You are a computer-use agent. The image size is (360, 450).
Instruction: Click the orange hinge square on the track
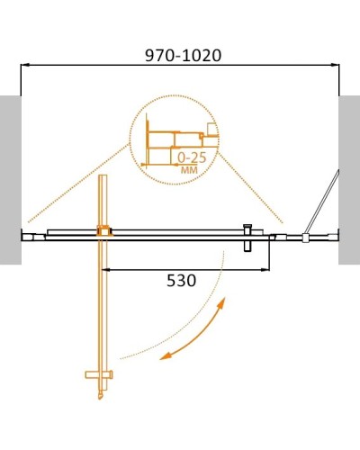pos(104,230)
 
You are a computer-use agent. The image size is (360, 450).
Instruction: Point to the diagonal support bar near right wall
pos(322,203)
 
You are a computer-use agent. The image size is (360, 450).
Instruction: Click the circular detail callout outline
pos(132,135)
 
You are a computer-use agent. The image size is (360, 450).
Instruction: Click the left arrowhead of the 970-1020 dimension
pos(26,65)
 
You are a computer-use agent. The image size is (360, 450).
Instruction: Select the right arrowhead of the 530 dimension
pos(265,267)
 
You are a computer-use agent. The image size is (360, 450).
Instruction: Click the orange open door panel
pos(103,297)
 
